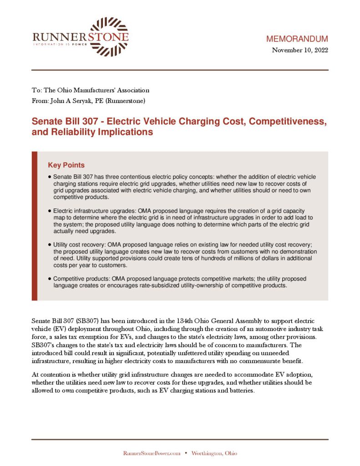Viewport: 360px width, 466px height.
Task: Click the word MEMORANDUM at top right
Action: point(297,39)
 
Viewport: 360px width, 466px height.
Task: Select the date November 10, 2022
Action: point(300,50)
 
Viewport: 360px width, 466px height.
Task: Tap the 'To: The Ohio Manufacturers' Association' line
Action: point(90,90)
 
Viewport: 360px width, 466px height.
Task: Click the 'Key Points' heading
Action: point(66,165)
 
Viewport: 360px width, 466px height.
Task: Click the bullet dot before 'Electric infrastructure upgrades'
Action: point(49,211)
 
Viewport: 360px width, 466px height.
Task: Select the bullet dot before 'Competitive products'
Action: point(49,279)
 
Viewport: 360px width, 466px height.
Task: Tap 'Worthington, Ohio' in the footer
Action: point(214,453)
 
